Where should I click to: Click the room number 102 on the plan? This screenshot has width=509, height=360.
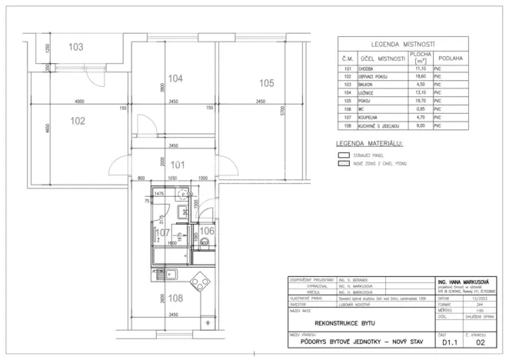(78, 120)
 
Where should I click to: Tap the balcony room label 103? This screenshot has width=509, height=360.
(75, 48)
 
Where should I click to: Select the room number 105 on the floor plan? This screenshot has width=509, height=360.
(266, 83)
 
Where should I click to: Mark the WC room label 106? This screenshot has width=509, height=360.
(207, 230)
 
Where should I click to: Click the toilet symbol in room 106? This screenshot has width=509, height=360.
(205, 243)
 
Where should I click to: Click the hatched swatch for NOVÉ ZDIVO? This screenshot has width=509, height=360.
(343, 164)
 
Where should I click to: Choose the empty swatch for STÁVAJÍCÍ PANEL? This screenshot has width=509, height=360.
(343, 155)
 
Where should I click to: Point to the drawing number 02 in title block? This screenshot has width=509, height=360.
(481, 345)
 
